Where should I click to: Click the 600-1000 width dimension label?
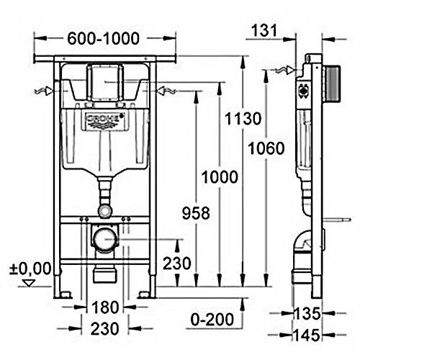tap(103, 38)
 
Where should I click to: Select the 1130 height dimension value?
tap(243, 119)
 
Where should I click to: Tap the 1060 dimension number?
tap(266, 148)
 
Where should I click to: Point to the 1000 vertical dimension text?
tap(220, 177)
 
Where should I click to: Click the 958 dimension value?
tap(196, 213)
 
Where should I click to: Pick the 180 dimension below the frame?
tap(105, 307)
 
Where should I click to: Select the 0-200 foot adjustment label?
tap(212, 320)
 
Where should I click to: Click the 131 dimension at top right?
tap(264, 30)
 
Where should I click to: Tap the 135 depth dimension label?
tap(307, 313)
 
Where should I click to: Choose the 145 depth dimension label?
tap(307, 336)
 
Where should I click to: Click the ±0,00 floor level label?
tap(30, 269)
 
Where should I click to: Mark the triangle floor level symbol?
tap(29, 283)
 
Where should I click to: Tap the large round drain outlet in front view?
tap(104, 239)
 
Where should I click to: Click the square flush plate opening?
tap(105, 82)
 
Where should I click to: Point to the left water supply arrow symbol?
tap(44, 91)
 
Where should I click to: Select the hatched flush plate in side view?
tap(333, 84)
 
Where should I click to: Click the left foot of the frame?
tap(63, 294)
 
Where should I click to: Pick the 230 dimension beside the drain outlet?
tap(177, 264)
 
